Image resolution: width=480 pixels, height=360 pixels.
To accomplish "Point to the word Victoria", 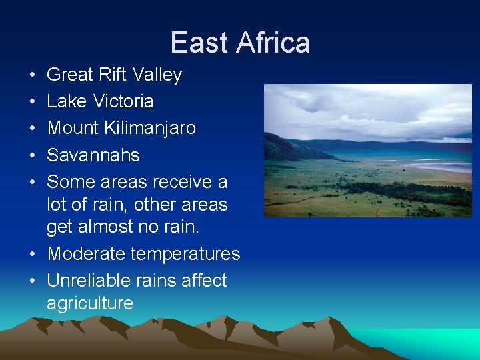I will tap(123, 101).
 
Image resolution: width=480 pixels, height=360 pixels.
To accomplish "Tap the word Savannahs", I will tap(93, 155).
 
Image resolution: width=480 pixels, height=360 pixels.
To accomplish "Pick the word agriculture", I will tap(90, 304).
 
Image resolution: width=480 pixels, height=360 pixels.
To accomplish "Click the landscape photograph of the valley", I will tap(367, 151).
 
